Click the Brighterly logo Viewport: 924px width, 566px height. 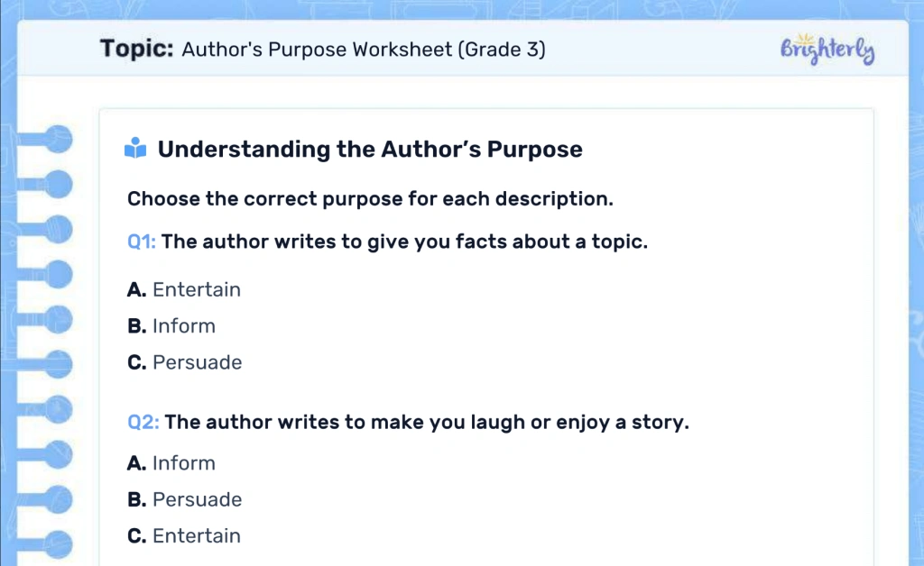tap(827, 50)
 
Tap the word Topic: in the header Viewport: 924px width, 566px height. tap(136, 49)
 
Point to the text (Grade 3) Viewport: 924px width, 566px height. tap(502, 50)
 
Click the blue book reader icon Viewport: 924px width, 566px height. tap(135, 149)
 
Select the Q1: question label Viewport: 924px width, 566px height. tap(142, 242)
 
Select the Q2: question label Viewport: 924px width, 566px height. tap(143, 422)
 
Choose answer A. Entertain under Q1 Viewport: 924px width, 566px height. tap(184, 289)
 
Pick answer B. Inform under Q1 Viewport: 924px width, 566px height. tap(171, 326)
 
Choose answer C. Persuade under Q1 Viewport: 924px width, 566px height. tap(185, 362)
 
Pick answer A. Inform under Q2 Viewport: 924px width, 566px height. tap(171, 463)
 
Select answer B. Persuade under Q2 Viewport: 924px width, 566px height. tap(185, 499)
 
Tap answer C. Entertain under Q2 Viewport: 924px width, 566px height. tap(184, 535)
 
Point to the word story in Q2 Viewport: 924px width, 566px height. tap(661, 422)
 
